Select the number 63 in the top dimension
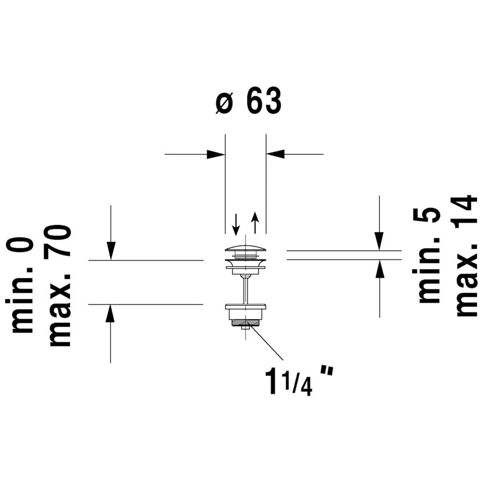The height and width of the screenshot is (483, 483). [x=264, y=100]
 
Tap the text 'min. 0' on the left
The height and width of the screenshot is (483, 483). [x=19, y=285]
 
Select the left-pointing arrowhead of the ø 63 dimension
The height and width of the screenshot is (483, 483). [x=276, y=154]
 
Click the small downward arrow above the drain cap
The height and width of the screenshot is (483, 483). [x=236, y=224]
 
